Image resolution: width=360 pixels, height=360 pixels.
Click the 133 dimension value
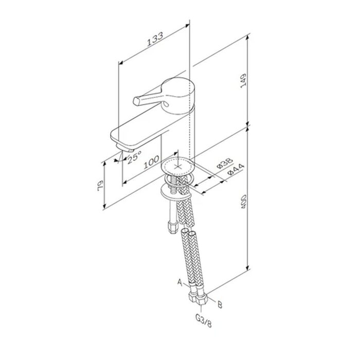(x=155, y=39)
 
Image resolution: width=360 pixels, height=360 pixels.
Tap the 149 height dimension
(x=243, y=80)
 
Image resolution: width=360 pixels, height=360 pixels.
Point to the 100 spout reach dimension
(x=151, y=161)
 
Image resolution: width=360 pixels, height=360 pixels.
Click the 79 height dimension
(x=101, y=185)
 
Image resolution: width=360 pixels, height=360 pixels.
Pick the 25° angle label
(x=135, y=156)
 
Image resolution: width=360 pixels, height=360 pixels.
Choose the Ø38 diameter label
(x=225, y=163)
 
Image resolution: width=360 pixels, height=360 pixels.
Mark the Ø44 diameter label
(x=236, y=170)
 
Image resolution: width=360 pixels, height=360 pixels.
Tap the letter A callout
(x=180, y=283)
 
